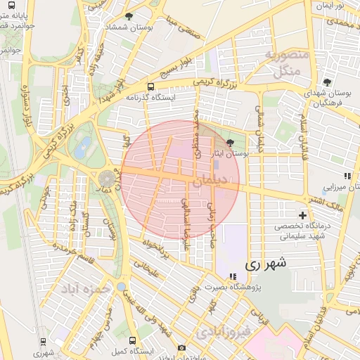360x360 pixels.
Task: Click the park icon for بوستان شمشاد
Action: point(128,15)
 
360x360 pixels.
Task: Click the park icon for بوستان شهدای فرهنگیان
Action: point(326,82)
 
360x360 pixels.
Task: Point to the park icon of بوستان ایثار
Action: point(231,143)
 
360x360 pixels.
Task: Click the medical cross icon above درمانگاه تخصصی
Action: point(302,215)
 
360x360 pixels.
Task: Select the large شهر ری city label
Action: point(266,264)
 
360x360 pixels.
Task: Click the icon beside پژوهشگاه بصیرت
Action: point(232,276)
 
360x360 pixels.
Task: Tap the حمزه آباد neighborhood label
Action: point(86,288)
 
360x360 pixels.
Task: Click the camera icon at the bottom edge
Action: point(181,348)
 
